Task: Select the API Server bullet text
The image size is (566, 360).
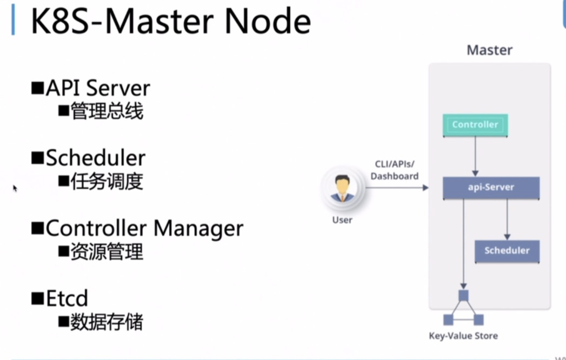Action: point(98,88)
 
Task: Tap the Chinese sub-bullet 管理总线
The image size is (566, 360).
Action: point(106,111)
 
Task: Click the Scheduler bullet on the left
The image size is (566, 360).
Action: point(95,158)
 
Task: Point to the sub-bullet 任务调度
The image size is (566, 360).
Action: point(106,182)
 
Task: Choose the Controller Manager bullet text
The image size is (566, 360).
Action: point(144,228)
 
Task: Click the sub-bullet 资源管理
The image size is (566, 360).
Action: point(106,252)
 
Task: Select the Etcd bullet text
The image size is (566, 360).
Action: point(66,298)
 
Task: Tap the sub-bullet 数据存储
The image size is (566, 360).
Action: point(106,322)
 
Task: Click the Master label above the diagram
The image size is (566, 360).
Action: point(489,50)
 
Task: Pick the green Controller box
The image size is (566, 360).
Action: point(475,125)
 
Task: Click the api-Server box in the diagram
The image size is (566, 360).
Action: point(491,188)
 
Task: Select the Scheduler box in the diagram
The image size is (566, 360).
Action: point(507,251)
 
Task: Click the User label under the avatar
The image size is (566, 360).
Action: point(342,220)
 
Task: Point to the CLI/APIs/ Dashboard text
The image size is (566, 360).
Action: point(395,170)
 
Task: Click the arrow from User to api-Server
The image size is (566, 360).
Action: point(397,188)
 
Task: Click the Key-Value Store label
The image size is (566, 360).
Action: point(463,336)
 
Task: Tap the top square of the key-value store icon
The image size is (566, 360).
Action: point(463,296)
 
